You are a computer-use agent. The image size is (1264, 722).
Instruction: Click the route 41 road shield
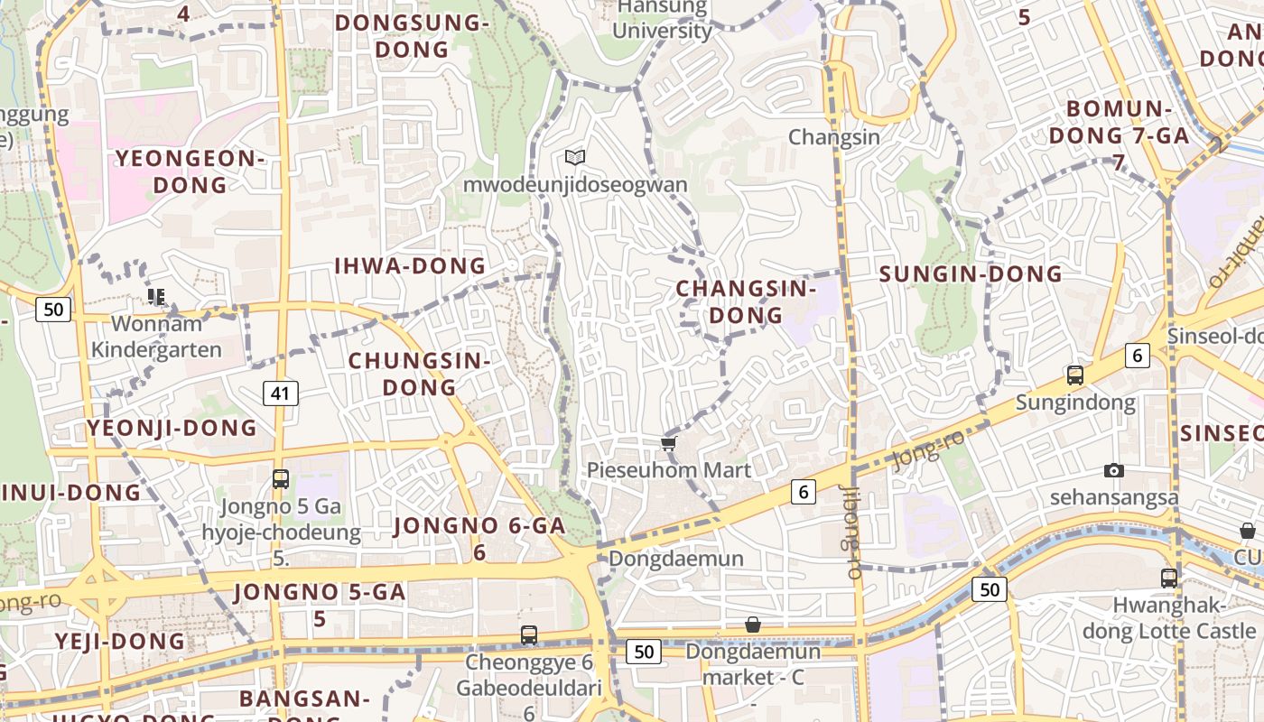[281, 393]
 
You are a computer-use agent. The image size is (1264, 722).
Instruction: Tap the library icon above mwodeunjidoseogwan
[575, 158]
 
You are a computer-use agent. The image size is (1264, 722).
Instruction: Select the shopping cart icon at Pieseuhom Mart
[668, 443]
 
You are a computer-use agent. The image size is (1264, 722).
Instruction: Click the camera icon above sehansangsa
[1114, 470]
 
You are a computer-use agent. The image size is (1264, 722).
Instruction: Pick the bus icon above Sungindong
[1074, 375]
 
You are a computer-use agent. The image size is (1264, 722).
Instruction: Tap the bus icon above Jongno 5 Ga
[281, 479]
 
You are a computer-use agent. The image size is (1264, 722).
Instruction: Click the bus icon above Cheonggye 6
[529, 635]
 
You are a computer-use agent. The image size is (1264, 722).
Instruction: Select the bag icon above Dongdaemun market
[753, 625]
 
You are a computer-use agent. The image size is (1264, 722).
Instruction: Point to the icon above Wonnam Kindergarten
[156, 296]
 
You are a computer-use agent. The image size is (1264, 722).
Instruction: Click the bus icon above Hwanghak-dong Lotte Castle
[1169, 578]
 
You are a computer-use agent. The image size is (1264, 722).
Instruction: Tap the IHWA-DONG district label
[410, 266]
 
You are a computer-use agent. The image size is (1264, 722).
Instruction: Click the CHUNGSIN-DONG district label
[419, 374]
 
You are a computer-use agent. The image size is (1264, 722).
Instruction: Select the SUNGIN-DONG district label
[971, 274]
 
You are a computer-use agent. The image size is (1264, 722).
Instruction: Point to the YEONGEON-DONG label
[190, 171]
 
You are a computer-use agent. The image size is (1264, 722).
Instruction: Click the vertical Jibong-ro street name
[851, 532]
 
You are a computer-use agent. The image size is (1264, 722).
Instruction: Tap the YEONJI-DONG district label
[172, 428]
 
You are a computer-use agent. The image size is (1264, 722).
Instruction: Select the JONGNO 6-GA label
[479, 537]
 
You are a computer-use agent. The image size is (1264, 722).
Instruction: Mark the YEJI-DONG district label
[120, 642]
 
